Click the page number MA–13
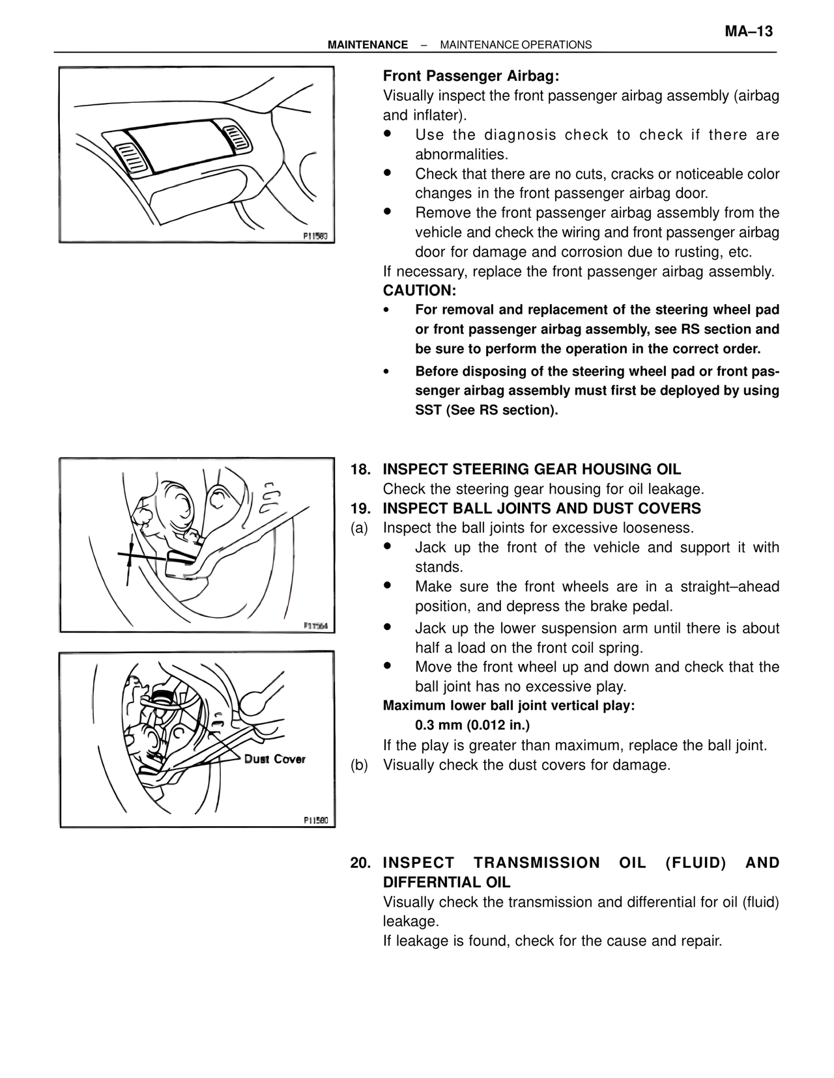point(749,32)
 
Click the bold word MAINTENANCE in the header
point(367,45)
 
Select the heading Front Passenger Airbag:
point(471,76)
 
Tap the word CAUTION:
point(420,291)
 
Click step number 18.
point(360,469)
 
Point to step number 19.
point(360,508)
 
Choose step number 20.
point(360,863)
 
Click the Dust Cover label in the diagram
point(274,759)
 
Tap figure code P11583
point(315,236)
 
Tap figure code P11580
point(316,820)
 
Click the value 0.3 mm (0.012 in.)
point(472,725)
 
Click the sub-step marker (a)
point(360,528)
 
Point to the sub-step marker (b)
point(360,765)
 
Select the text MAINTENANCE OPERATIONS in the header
point(516,45)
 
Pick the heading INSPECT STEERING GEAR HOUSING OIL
point(532,469)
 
